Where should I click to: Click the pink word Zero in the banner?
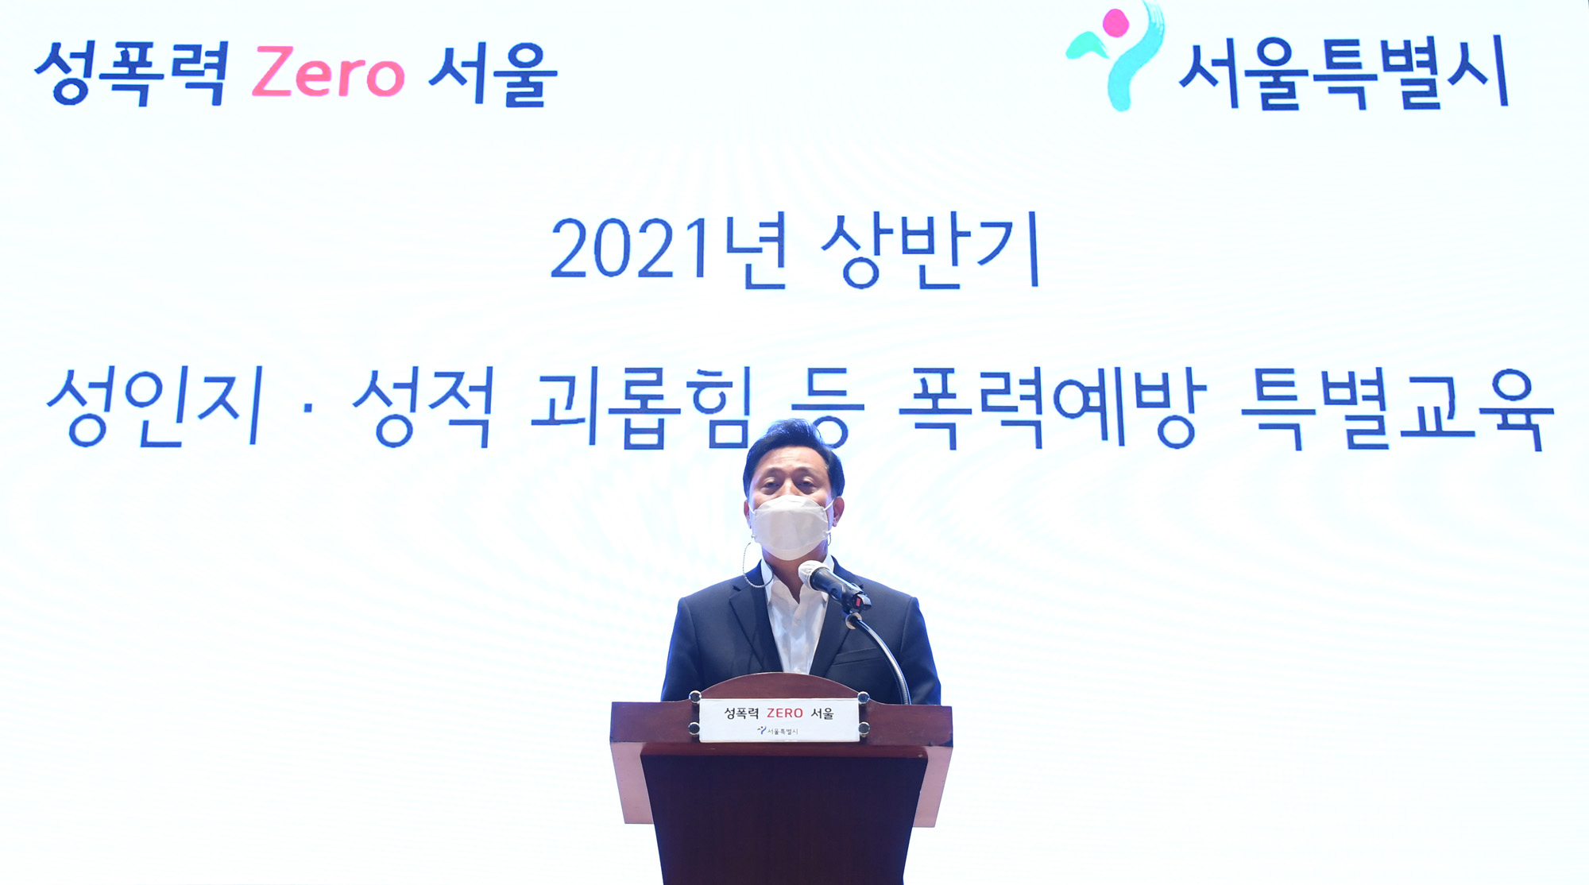(x=328, y=73)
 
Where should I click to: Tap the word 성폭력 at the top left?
(x=132, y=73)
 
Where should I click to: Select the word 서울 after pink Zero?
(x=493, y=74)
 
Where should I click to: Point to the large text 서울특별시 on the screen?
(x=1343, y=73)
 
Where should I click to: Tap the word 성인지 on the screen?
(x=155, y=407)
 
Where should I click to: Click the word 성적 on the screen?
(x=423, y=407)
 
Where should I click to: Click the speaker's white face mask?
(x=790, y=526)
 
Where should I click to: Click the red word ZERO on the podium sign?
(x=785, y=713)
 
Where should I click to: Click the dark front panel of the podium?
(x=783, y=818)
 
